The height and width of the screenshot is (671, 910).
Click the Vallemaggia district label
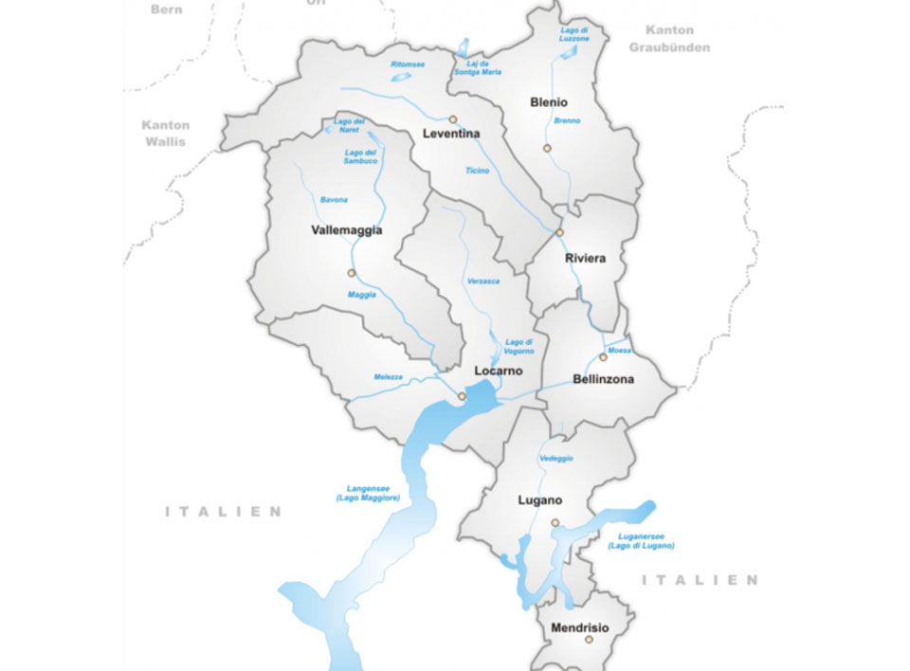click(346, 230)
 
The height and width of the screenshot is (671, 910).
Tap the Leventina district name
click(452, 135)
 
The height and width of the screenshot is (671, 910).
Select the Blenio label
click(549, 101)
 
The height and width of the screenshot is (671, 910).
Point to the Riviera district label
click(585, 258)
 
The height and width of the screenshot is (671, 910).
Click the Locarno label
click(498, 371)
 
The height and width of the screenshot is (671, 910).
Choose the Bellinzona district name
click(603, 379)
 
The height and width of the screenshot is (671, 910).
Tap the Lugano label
click(540, 499)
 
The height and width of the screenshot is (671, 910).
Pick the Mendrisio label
click(579, 627)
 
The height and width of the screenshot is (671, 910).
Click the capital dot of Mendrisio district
click(588, 640)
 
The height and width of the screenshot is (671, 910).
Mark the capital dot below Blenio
click(547, 148)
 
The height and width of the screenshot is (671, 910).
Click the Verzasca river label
click(482, 281)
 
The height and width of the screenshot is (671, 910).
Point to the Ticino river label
click(478, 171)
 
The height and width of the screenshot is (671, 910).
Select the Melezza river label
click(388, 377)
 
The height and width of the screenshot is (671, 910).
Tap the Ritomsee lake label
click(408, 64)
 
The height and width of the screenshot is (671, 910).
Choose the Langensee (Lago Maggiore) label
click(368, 493)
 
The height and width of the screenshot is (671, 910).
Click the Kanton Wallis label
click(166, 133)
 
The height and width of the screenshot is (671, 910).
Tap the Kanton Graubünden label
click(677, 39)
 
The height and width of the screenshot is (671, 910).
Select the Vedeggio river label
click(555, 459)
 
